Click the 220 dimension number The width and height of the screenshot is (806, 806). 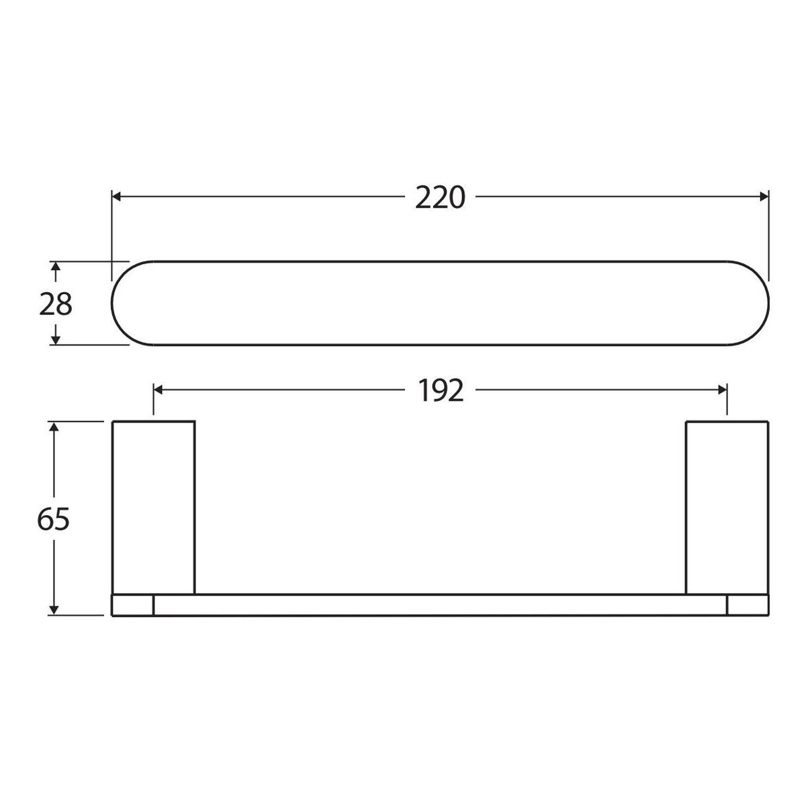439,198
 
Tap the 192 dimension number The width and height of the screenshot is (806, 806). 441,391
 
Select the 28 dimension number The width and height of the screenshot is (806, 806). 55,304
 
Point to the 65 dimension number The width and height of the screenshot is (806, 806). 53,520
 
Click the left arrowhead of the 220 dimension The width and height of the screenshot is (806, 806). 117,197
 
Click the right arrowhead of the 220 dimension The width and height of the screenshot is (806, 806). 764,197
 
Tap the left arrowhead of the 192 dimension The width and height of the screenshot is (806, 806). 158,390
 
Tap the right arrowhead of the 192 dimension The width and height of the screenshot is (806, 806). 722,390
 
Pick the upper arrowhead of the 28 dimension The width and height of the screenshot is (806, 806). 55,267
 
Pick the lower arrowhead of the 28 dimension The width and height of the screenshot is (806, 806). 55,340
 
